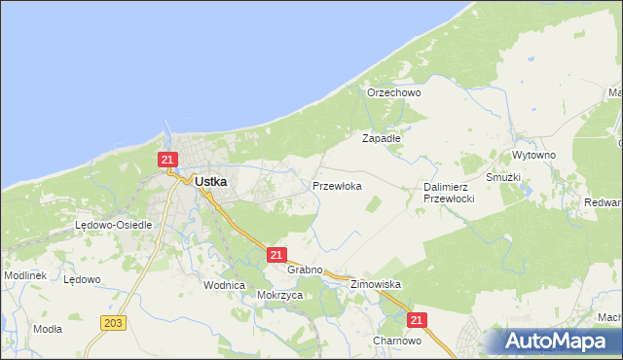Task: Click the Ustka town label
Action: point(211,181)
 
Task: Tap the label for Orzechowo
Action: point(393,93)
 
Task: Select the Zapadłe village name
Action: point(382,139)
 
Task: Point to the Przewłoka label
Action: point(337,185)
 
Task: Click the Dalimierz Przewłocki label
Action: point(449,193)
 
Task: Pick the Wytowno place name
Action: point(533,156)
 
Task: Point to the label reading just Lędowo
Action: point(82,280)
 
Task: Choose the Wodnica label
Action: point(223,285)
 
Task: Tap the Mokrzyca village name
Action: point(280,295)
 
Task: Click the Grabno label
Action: point(305,270)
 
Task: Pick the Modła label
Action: point(48,329)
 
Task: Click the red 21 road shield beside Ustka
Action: point(168,160)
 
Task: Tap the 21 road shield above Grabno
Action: point(275,255)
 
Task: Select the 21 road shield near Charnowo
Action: point(417,320)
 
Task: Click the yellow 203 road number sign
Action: point(113,322)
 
